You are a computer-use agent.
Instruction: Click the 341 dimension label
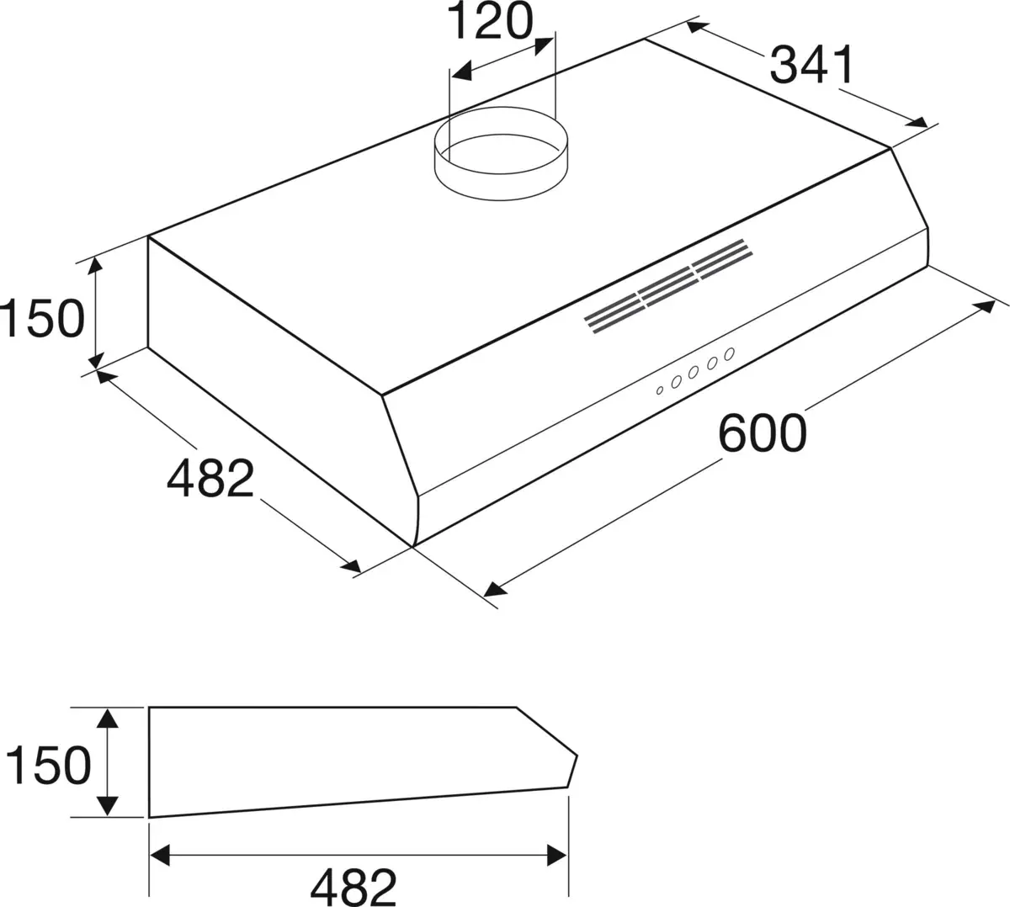[812, 65]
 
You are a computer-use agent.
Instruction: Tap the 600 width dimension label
[763, 432]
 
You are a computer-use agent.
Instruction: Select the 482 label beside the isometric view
[210, 479]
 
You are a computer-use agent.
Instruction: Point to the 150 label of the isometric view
[42, 318]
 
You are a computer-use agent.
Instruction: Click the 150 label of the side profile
[47, 765]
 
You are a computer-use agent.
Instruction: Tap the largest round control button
[729, 353]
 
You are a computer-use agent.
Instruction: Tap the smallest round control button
[661, 389]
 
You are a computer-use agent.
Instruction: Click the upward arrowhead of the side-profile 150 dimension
[107, 718]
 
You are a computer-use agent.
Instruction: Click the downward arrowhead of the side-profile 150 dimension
[107, 807]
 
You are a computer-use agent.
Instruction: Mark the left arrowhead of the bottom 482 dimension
[158, 855]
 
